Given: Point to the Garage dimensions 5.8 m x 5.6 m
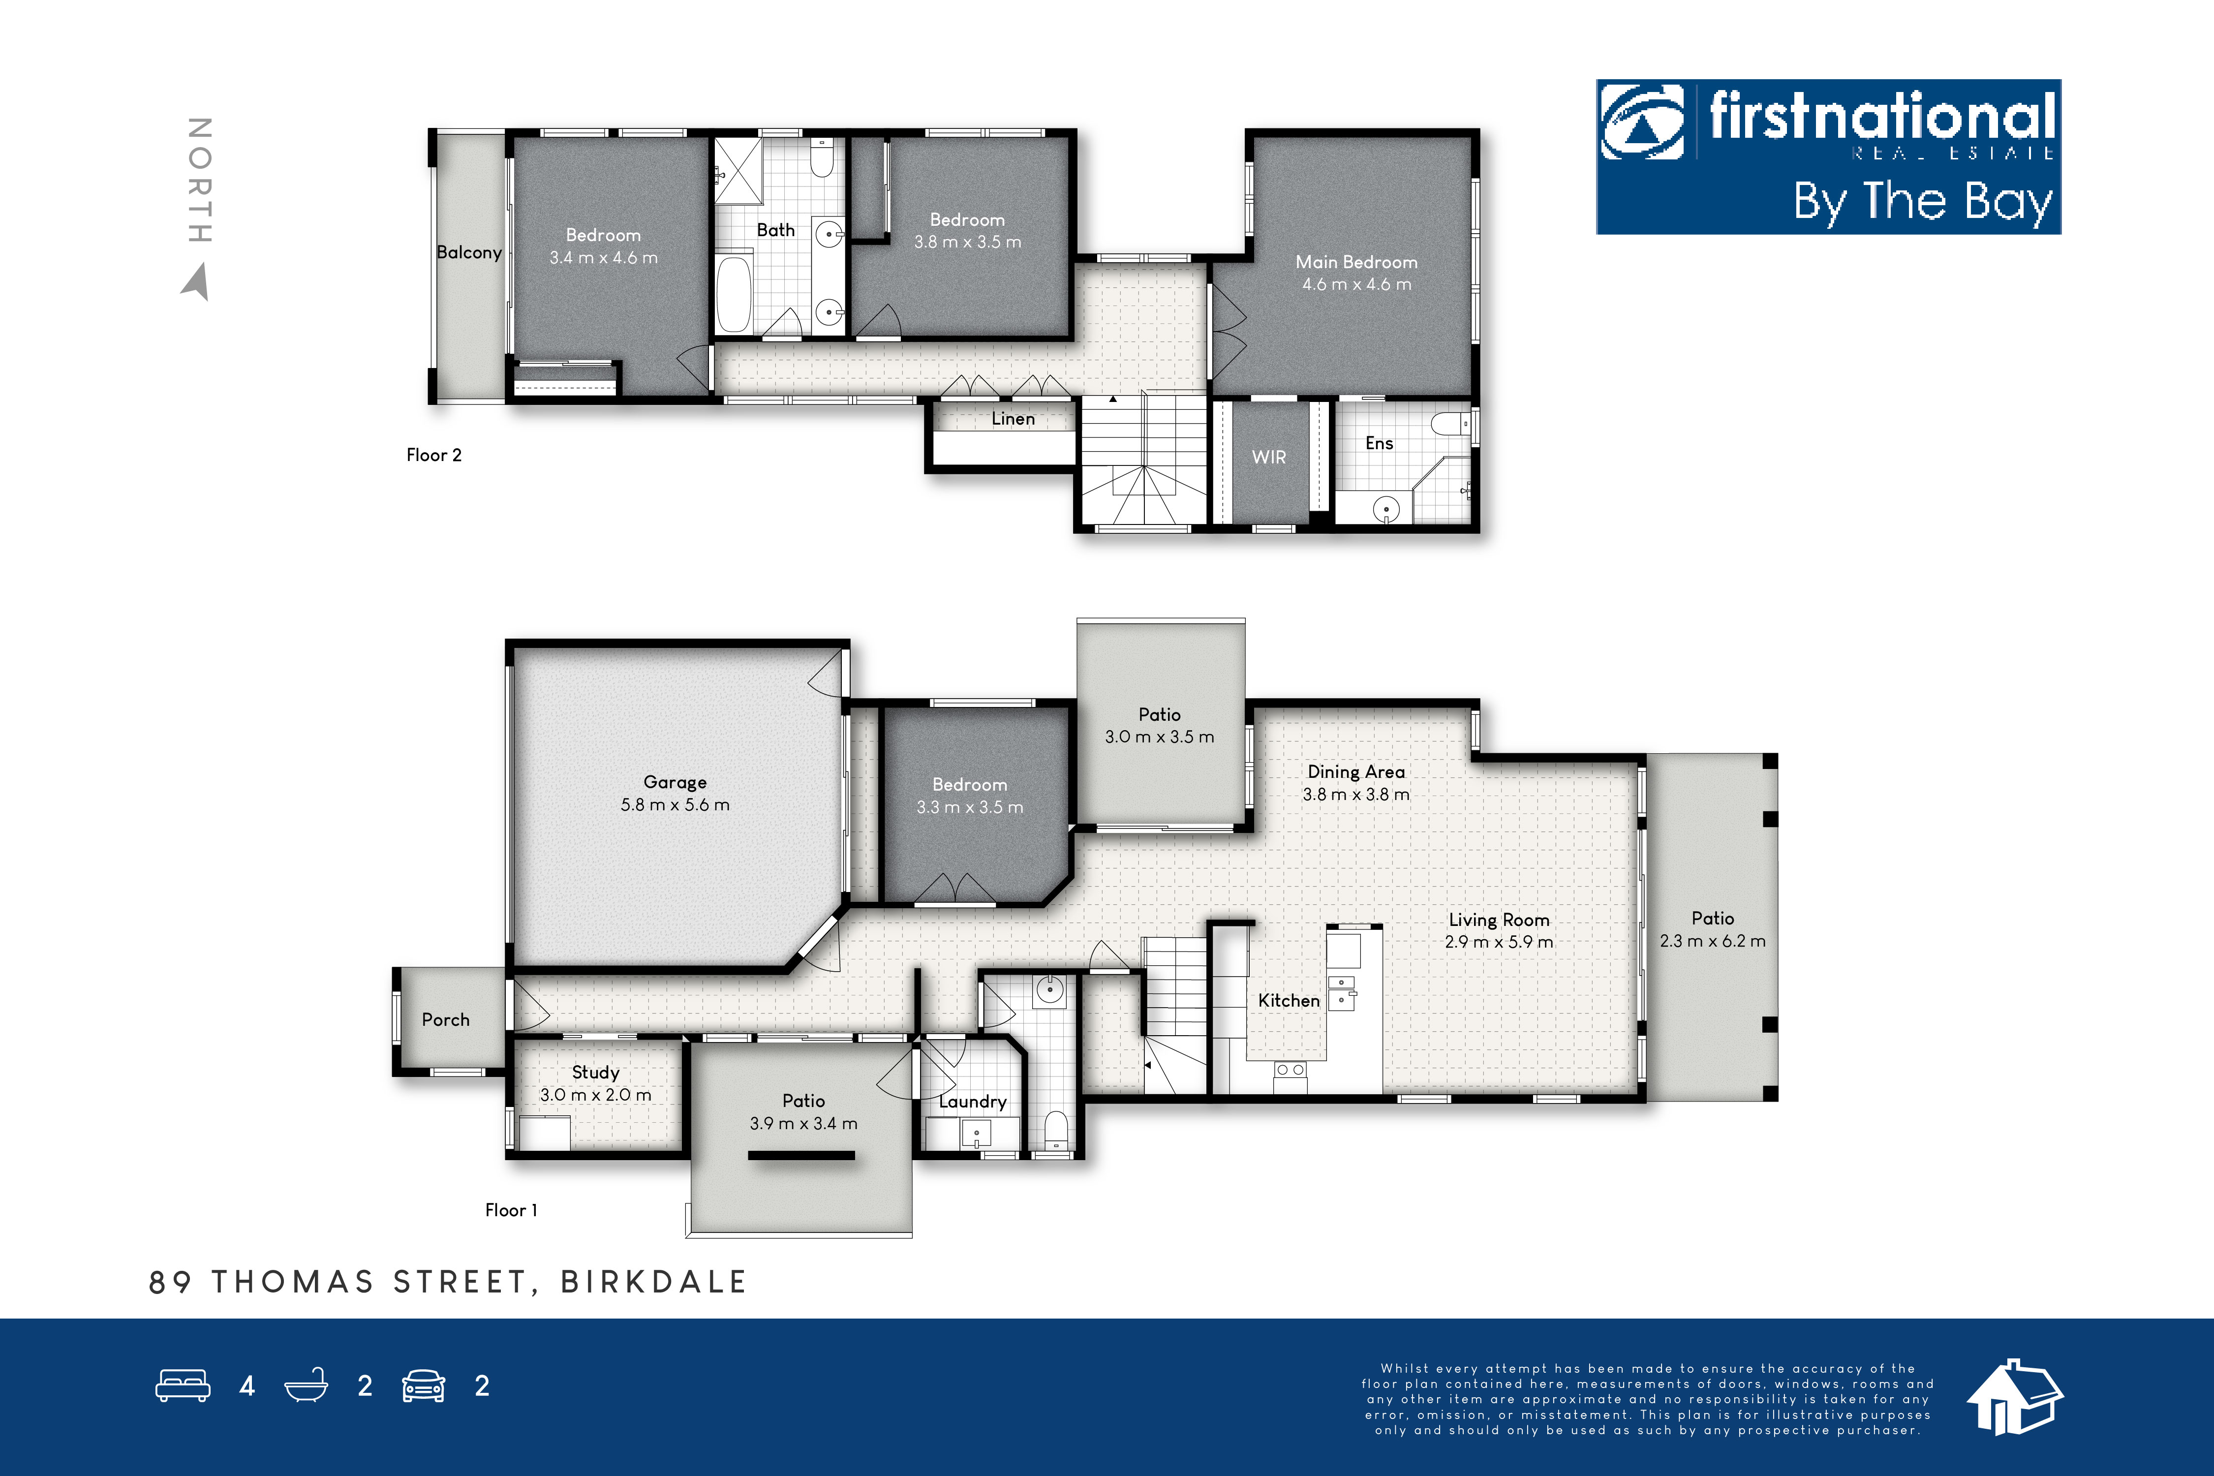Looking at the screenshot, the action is (x=675, y=805).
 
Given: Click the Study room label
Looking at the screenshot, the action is (x=596, y=1072).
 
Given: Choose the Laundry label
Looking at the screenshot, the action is (x=972, y=1102).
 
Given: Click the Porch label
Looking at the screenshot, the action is (x=445, y=1019).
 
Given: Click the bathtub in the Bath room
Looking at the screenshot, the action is (x=734, y=293).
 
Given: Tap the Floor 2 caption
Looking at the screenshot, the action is (x=434, y=455).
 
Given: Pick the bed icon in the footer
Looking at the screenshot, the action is (x=183, y=1385).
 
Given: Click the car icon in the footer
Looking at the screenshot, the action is (x=424, y=1385).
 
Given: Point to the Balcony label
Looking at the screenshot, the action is (x=469, y=252).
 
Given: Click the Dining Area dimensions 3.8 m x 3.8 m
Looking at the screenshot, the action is (x=1356, y=795).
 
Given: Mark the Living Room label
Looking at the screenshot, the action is (x=1499, y=920).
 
